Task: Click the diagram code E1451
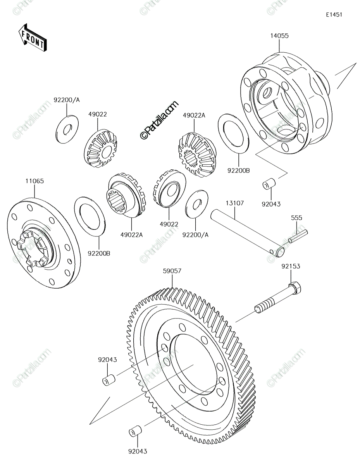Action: [x=334, y=15]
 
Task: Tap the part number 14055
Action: [x=279, y=36]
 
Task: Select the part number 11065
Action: [x=34, y=181]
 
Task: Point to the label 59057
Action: [x=172, y=271]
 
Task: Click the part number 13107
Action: [x=235, y=203]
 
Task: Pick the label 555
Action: [x=296, y=218]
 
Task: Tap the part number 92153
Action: [x=291, y=266]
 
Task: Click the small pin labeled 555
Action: [x=298, y=236]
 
